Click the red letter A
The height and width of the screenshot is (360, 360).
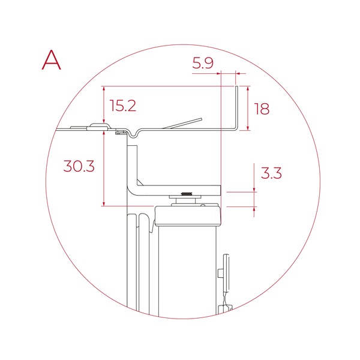(52, 59)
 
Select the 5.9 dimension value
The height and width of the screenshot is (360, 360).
(203, 63)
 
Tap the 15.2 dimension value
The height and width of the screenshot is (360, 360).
(123, 106)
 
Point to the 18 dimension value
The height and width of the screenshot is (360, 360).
(262, 109)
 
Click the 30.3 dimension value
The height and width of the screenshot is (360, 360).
(79, 166)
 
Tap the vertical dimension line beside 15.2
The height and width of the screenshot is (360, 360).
(104, 107)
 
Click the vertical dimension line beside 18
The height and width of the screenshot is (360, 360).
(247, 108)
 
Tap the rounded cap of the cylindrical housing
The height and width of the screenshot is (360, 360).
(188, 215)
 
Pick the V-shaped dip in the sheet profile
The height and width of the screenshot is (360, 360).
(134, 133)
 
